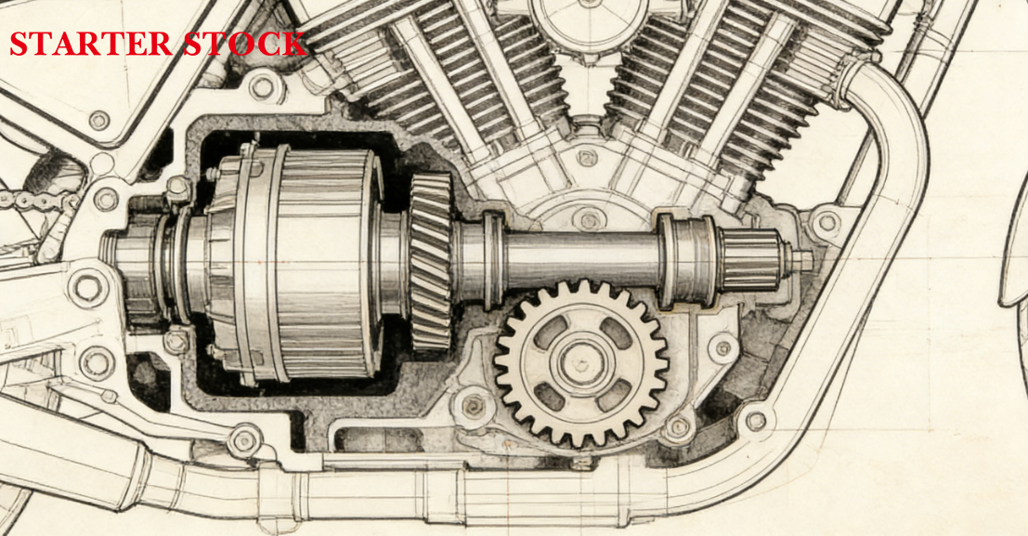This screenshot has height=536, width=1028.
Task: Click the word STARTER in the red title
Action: (x=91, y=44)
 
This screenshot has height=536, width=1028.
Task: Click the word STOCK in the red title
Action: (x=244, y=44)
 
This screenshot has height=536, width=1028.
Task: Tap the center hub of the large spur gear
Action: (x=581, y=363)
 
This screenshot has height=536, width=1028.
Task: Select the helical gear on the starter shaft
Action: (x=431, y=261)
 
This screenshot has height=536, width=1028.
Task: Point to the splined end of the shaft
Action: (x=750, y=260)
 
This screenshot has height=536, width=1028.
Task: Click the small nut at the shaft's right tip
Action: (x=801, y=260)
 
